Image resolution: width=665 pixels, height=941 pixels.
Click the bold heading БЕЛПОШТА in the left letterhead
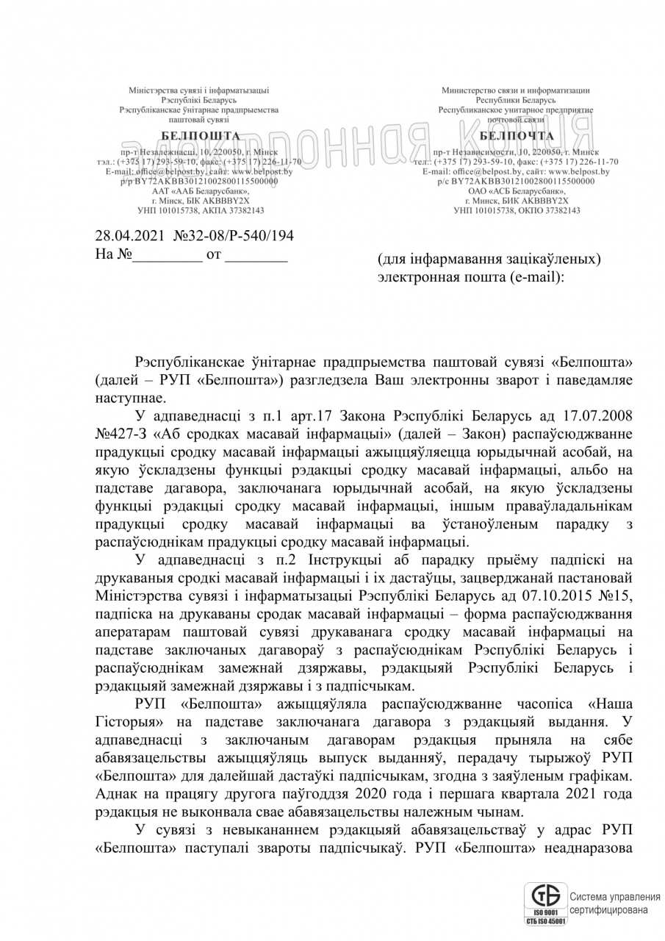tap(200, 135)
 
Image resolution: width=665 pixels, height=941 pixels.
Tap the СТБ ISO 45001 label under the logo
tap(545, 920)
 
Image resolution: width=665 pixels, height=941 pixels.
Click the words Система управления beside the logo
tap(614, 897)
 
